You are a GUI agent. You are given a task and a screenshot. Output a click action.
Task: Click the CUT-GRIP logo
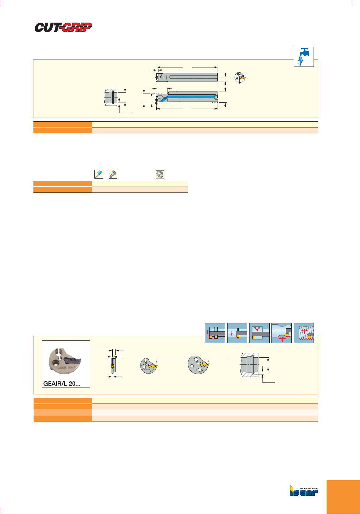click(x=63, y=27)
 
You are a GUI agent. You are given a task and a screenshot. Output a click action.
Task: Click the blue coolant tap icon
click(x=304, y=56)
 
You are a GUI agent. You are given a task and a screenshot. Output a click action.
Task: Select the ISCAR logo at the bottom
click(x=304, y=491)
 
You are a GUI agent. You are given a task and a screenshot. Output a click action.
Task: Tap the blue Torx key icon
click(x=98, y=174)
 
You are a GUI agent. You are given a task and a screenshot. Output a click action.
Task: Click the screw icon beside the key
click(x=113, y=174)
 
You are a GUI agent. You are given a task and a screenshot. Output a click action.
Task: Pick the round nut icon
click(x=160, y=175)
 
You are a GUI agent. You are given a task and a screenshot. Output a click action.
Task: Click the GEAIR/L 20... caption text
click(x=62, y=383)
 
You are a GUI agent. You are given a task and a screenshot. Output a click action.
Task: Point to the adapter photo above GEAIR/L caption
click(x=66, y=361)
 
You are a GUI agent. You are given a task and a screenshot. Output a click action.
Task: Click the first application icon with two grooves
click(x=215, y=333)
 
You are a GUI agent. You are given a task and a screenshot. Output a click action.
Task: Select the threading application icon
click(x=304, y=333)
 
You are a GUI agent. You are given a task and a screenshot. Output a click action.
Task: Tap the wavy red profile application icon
click(x=281, y=333)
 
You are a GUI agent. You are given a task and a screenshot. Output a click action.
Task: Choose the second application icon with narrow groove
click(x=237, y=333)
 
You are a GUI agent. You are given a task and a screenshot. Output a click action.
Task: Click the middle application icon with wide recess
click(x=259, y=333)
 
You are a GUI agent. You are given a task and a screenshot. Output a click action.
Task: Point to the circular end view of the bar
click(x=239, y=77)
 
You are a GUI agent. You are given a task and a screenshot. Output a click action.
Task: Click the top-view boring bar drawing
click(x=187, y=77)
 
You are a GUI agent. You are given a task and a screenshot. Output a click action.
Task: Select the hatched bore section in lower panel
click(x=249, y=365)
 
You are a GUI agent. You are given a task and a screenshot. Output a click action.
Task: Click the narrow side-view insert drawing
click(x=113, y=363)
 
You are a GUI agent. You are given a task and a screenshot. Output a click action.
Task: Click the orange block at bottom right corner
click(x=343, y=497)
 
